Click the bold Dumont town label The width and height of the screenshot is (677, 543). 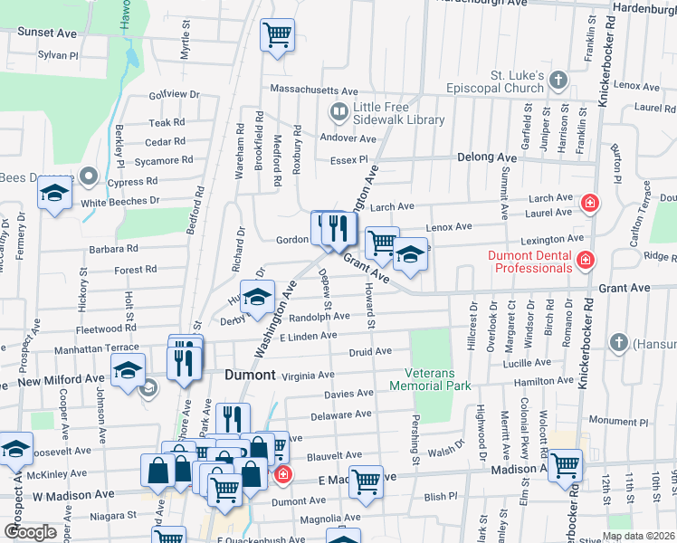coord(250,373)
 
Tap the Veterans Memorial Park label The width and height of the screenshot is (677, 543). coord(431,378)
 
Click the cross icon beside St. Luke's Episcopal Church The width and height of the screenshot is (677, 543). coord(558,81)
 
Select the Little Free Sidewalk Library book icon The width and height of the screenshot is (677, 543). coord(338,112)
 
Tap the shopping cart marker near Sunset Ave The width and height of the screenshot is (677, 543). coord(278,35)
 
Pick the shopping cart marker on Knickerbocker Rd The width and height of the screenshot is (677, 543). coord(566,465)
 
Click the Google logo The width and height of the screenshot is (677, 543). coord(30,531)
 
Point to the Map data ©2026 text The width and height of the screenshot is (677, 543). coord(637,536)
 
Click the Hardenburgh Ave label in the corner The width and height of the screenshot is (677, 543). coord(644,8)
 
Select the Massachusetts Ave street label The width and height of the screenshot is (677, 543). coord(314,90)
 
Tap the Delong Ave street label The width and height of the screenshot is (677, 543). coord(485,157)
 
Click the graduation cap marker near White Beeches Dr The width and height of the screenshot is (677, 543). coord(54,194)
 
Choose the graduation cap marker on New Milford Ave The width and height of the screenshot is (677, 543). coord(128,369)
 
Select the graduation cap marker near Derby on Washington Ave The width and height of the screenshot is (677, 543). coord(257,297)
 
